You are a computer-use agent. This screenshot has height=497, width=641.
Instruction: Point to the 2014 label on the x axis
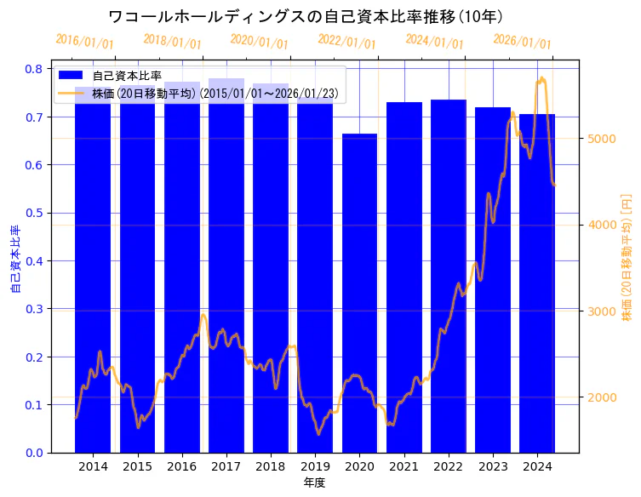tap(93, 466)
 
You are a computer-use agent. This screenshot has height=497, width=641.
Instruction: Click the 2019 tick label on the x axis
tap(315, 466)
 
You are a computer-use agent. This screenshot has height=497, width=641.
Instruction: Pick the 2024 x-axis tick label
tap(537, 466)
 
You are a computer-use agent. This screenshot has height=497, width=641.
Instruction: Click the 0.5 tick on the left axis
tap(36, 213)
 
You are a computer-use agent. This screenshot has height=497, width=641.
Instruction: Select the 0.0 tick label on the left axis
tap(36, 453)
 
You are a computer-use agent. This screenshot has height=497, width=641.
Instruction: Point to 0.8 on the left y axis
tap(36, 69)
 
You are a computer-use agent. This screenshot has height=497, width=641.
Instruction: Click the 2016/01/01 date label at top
tap(84, 42)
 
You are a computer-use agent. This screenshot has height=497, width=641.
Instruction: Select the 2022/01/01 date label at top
tap(346, 42)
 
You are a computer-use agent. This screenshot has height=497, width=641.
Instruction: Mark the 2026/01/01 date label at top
tap(522, 42)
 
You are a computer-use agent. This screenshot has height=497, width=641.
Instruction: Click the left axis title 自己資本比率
tap(14, 260)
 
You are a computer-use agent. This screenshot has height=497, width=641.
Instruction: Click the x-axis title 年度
tap(314, 483)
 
